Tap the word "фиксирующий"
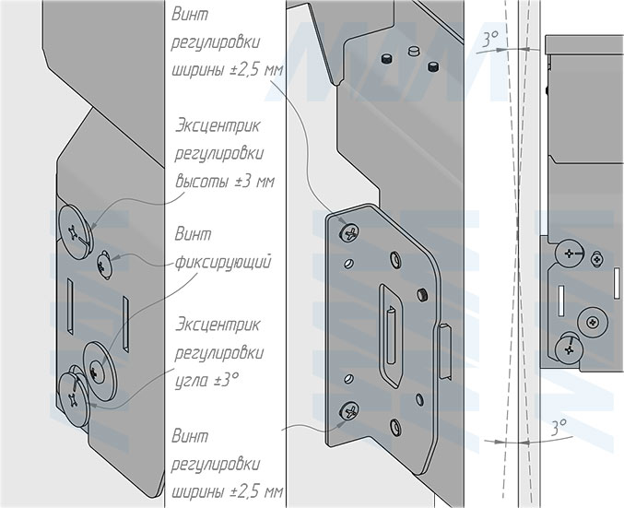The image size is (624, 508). point(223,263)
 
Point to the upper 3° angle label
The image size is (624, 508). point(490,39)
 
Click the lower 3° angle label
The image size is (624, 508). point(559,428)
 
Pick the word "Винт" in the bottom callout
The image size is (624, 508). point(190,436)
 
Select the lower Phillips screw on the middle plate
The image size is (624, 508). point(349,410)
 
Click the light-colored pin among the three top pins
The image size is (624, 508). point(414,51)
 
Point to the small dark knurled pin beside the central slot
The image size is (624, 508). point(422,295)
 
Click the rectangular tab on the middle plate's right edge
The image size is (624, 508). point(445,350)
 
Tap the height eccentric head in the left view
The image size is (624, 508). point(76,231)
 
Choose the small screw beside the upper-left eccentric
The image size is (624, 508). point(105,265)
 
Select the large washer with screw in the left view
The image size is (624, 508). point(98,371)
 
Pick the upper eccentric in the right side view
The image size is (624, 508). point(570,254)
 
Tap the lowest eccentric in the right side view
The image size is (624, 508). point(569,349)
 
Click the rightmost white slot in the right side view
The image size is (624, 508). point(617,283)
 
